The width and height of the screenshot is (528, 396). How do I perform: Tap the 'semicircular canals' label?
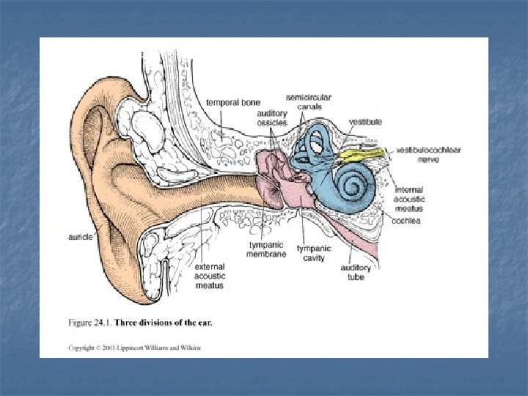point(304,102)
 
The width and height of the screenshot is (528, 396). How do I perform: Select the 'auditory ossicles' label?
point(272,117)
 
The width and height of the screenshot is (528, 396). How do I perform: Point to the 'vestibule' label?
point(364,122)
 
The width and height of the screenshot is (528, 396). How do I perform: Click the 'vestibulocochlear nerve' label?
point(427,154)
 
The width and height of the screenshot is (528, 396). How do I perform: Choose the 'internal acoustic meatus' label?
point(408,199)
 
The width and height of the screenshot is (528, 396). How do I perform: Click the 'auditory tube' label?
point(355,272)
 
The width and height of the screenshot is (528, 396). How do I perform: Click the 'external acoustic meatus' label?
point(210,276)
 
